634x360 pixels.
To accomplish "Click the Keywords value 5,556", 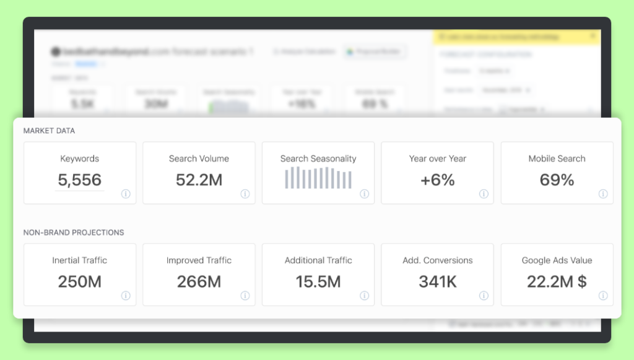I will [79, 180].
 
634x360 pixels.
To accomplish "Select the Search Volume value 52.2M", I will [199, 180].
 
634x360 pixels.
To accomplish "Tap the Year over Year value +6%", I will [437, 180].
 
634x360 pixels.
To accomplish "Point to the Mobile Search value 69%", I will [557, 180].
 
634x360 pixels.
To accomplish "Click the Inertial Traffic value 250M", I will [79, 282].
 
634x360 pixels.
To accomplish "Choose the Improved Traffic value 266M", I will [199, 282].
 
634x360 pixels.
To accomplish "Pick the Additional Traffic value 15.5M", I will [318, 282].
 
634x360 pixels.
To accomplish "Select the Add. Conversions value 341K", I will [437, 282].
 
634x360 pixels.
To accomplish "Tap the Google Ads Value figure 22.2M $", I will [557, 282].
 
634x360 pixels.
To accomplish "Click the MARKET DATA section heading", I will [49, 131].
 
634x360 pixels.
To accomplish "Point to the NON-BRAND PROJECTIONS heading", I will [74, 232].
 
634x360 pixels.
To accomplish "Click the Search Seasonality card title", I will [318, 159].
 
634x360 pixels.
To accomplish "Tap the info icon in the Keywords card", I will [126, 194].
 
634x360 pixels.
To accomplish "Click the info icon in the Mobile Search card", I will [603, 194].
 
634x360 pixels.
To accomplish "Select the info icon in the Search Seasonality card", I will [364, 194].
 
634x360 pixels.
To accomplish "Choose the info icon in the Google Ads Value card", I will [603, 296].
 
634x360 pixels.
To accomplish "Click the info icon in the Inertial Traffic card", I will [126, 296].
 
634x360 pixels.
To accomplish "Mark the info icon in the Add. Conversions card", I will [484, 296].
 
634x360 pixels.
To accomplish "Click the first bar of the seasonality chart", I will [287, 178].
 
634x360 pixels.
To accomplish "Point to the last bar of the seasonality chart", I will [350, 180].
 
